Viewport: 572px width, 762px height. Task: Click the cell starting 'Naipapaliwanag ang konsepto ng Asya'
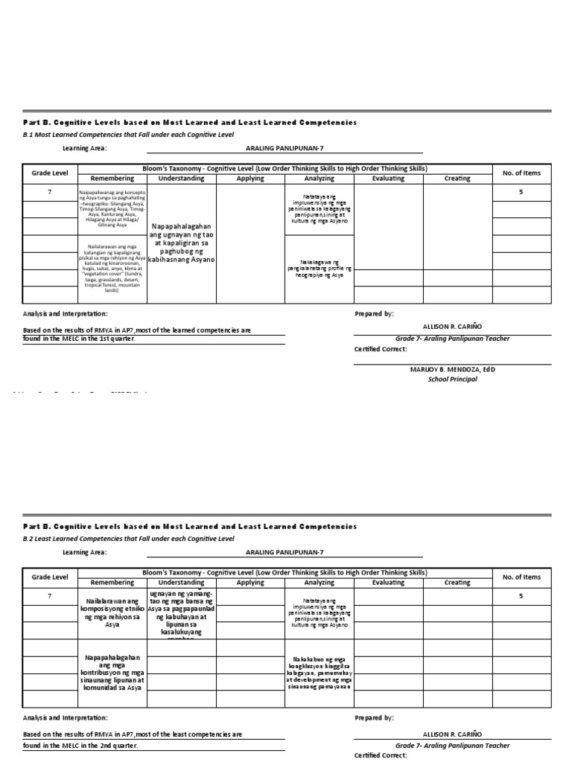click(112, 208)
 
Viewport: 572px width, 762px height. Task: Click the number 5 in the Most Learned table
click(521, 192)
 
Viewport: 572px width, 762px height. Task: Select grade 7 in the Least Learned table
click(49, 596)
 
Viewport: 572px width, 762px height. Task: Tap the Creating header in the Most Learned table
click(457, 179)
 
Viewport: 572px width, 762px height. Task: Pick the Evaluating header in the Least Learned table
click(388, 583)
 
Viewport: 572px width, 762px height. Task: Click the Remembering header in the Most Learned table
click(112, 179)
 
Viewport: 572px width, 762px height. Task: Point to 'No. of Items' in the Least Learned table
click(521, 577)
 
